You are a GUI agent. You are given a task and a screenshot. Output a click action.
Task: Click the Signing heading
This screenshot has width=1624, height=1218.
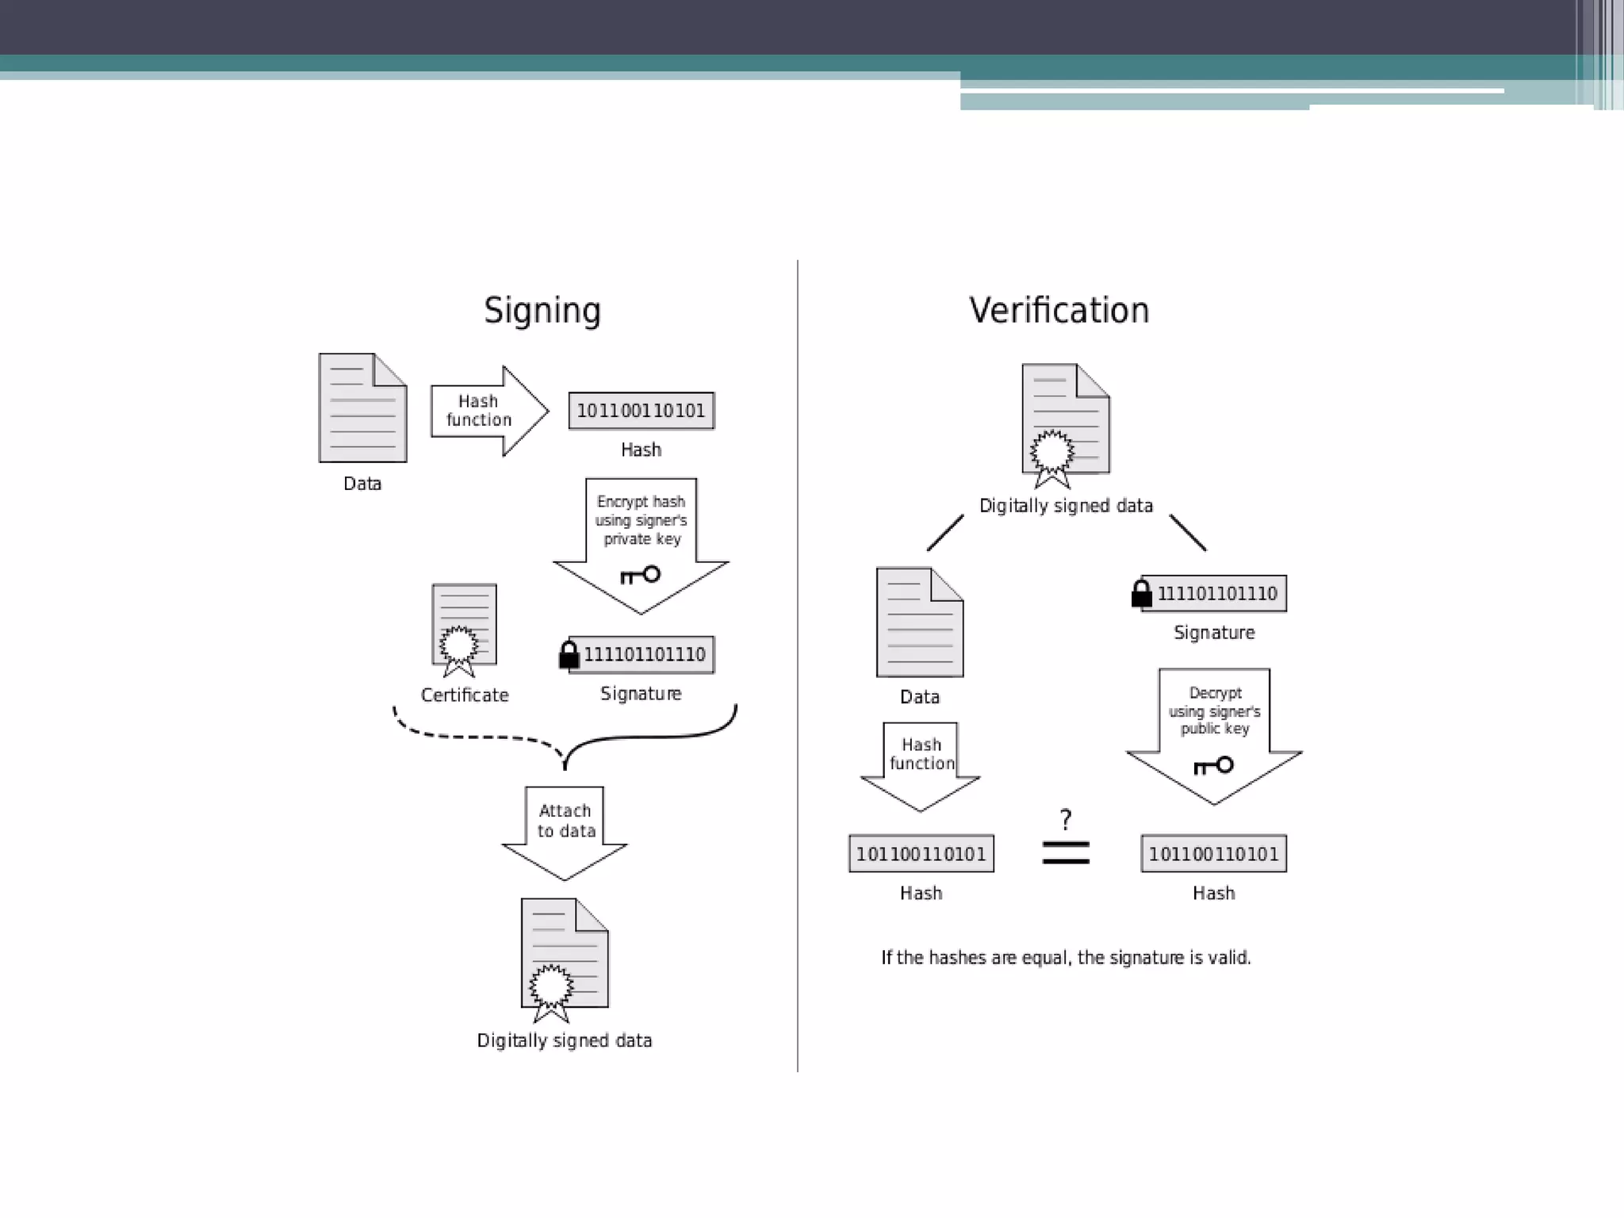[542, 310]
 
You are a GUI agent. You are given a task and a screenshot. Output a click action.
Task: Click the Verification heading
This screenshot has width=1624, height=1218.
[1059, 310]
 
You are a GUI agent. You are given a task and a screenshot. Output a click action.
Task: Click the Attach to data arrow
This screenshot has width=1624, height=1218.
[565, 829]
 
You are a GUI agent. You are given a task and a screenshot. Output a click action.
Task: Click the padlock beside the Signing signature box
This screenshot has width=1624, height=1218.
[569, 655]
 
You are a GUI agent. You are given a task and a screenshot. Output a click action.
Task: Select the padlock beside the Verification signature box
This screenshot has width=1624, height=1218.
[1141, 594]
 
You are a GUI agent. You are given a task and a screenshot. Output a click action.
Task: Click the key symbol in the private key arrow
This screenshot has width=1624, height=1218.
[640, 575]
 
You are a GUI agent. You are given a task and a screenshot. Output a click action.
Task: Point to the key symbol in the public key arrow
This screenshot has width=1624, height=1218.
[1213, 765]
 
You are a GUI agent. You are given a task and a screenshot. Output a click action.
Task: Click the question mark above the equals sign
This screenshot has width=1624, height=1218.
[1066, 818]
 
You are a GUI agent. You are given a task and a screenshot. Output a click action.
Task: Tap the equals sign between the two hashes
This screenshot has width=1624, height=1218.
[1066, 852]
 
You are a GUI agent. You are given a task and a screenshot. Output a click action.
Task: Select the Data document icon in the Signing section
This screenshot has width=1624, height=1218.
[362, 408]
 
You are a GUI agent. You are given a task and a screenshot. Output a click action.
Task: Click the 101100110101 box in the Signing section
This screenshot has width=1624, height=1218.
[641, 411]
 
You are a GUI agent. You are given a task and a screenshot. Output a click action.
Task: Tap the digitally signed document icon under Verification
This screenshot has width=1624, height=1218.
[1065, 424]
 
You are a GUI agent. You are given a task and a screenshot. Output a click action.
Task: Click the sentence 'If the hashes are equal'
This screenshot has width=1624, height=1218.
[1066, 958]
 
